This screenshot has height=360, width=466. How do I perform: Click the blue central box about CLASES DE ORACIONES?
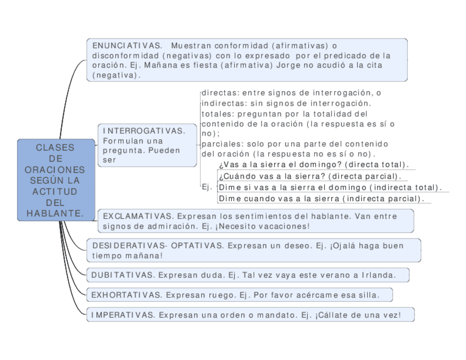tap(56, 181)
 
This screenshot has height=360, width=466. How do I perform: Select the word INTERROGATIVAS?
tap(144, 131)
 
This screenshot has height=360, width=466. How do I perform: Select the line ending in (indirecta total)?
tap(330, 187)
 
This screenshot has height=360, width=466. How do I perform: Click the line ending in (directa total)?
tap(314, 165)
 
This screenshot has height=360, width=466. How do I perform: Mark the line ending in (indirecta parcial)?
tap(321, 198)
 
